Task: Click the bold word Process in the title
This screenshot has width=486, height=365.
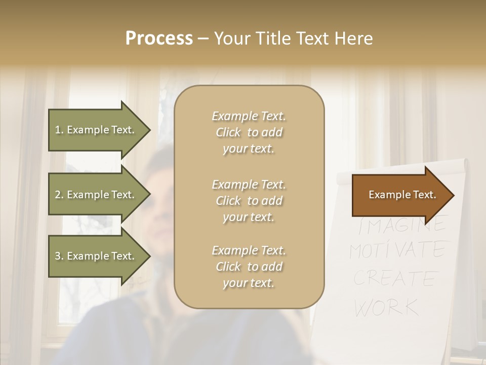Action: (159, 39)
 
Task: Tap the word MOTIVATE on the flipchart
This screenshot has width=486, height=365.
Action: (398, 250)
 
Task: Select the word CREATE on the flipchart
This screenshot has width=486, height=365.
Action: (395, 278)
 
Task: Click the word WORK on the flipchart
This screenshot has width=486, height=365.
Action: (387, 307)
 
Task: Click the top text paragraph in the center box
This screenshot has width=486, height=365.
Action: (249, 132)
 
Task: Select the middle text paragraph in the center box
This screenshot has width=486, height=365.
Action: (249, 201)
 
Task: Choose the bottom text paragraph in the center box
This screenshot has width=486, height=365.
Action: (249, 267)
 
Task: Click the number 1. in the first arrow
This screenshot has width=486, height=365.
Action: (59, 130)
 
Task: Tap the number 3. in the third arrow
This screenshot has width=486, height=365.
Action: (59, 256)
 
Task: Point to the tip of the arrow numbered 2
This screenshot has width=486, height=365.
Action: (149, 195)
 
